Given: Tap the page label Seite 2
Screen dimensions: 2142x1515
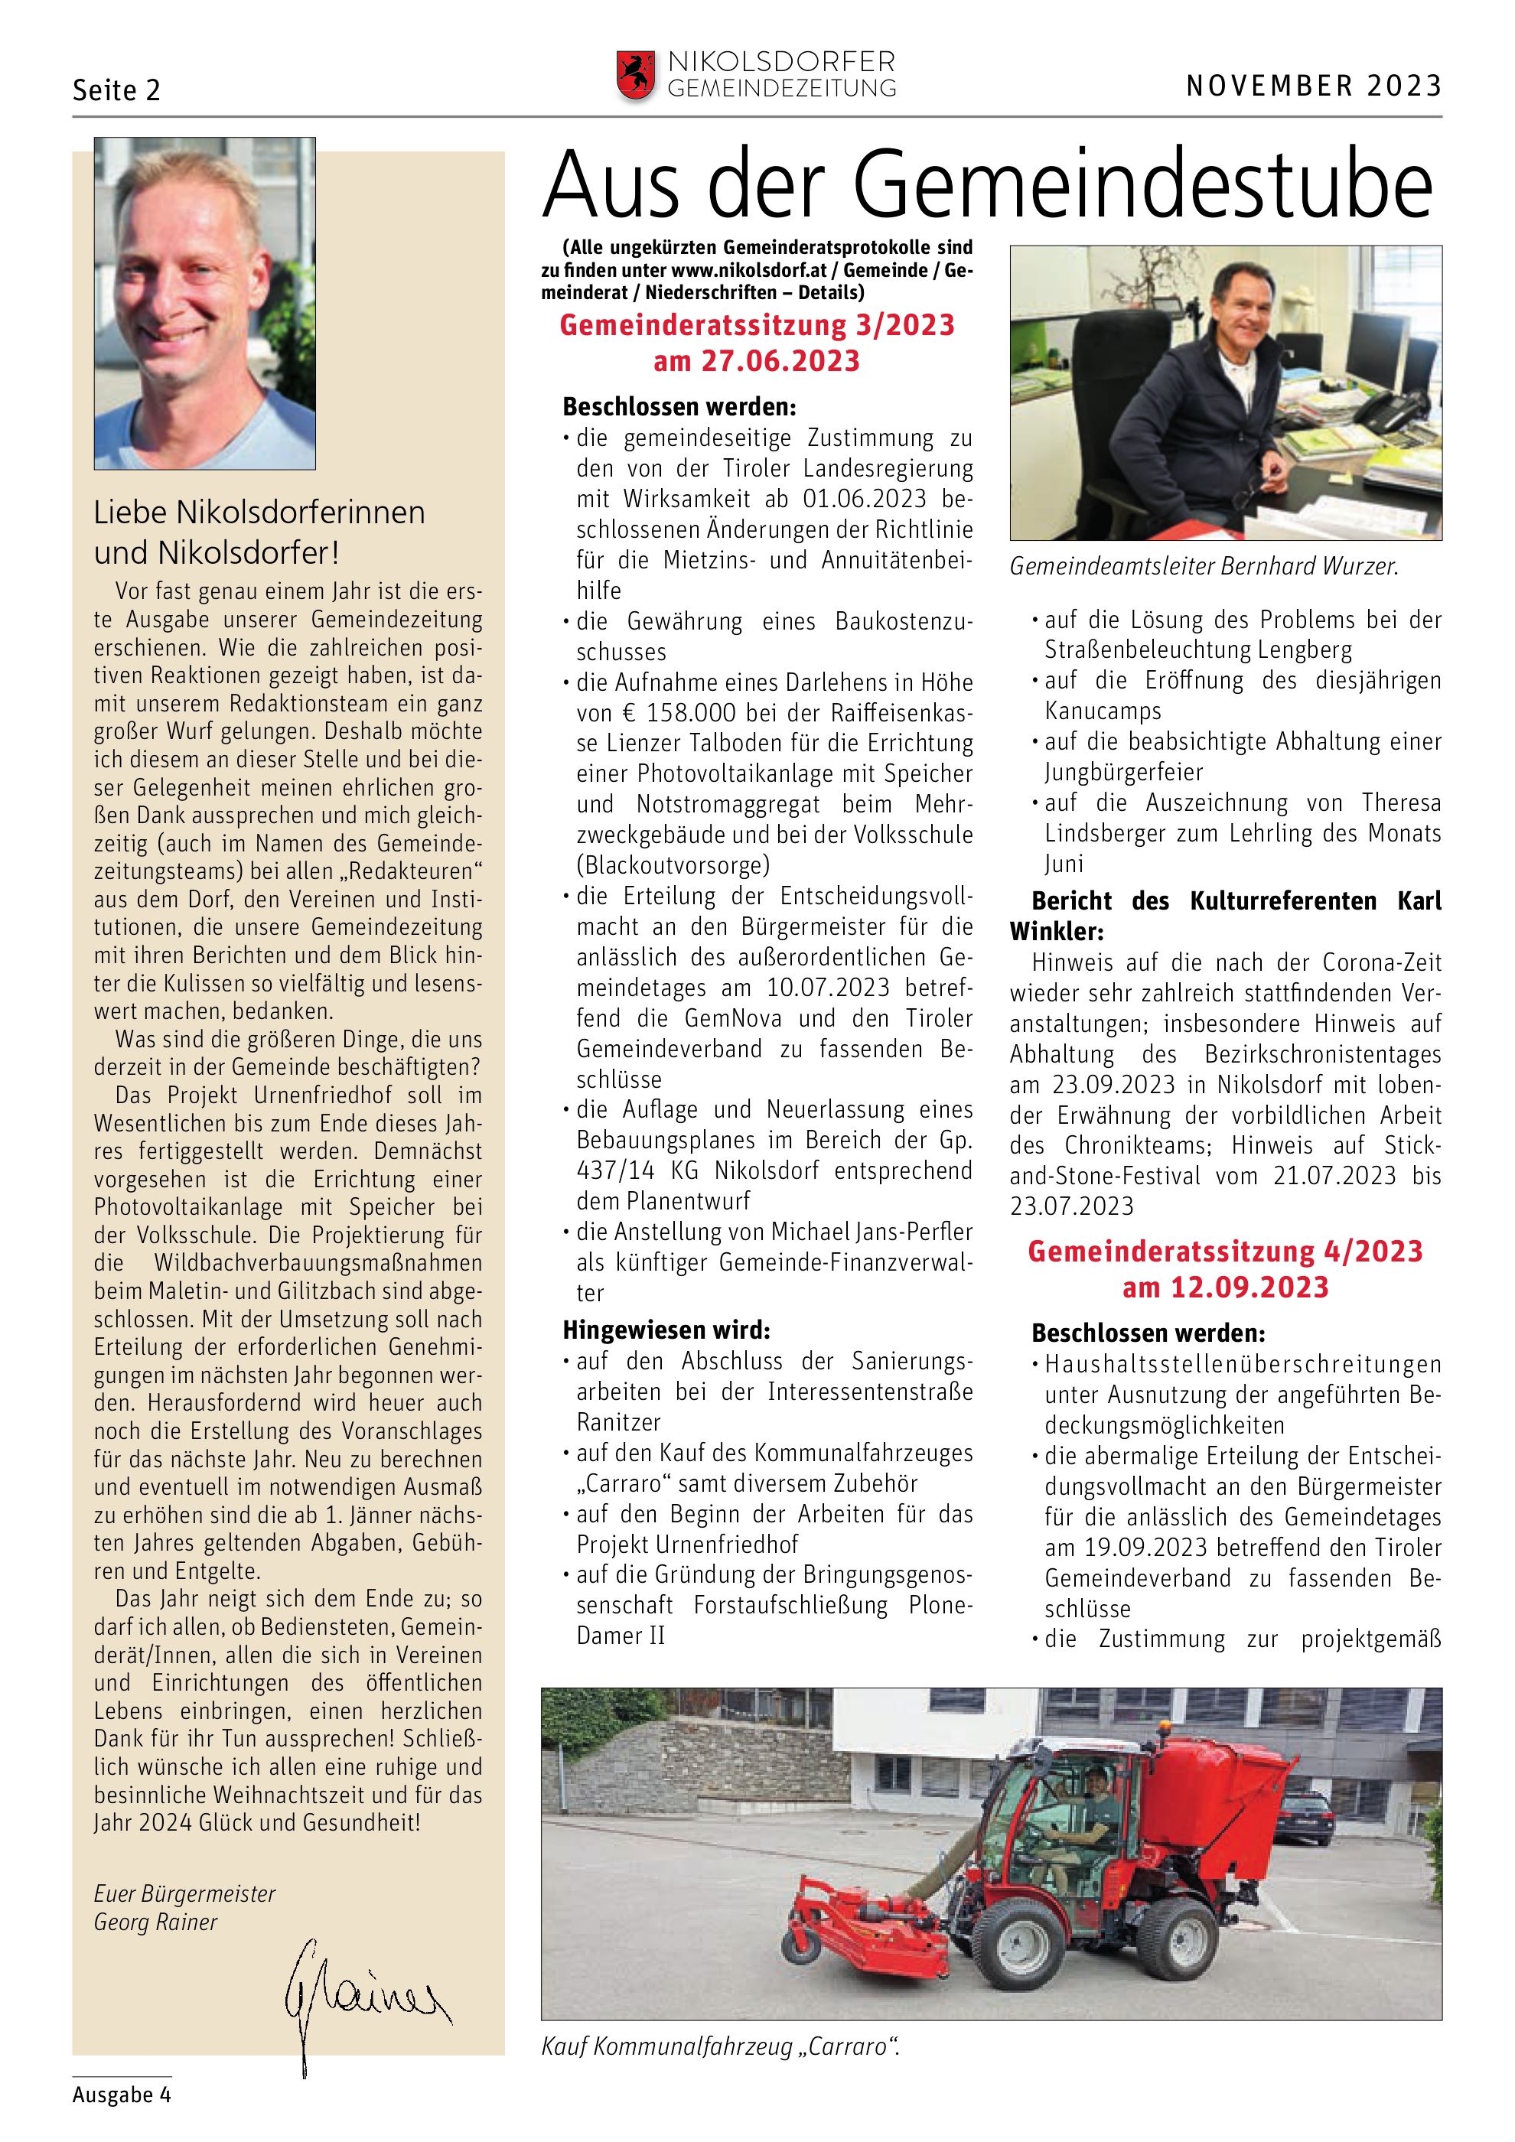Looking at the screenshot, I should click(x=116, y=90).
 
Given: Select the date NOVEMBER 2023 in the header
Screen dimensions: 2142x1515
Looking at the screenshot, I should click(x=1314, y=86).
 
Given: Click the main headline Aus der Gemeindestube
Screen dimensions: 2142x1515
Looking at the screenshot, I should click(x=986, y=187).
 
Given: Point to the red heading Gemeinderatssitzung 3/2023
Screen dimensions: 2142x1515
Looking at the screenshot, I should click(x=757, y=326).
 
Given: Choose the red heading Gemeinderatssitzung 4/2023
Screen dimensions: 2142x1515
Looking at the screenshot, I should click(x=1225, y=1251).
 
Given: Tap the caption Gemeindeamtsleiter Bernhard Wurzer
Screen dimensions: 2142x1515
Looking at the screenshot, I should click(x=1204, y=566).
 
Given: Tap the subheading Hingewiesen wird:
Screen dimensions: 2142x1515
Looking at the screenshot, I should click(x=666, y=1330).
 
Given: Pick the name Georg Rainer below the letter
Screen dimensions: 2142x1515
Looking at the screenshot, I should click(x=156, y=1922).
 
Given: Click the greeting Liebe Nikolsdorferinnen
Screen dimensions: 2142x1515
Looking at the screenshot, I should click(x=259, y=513).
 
